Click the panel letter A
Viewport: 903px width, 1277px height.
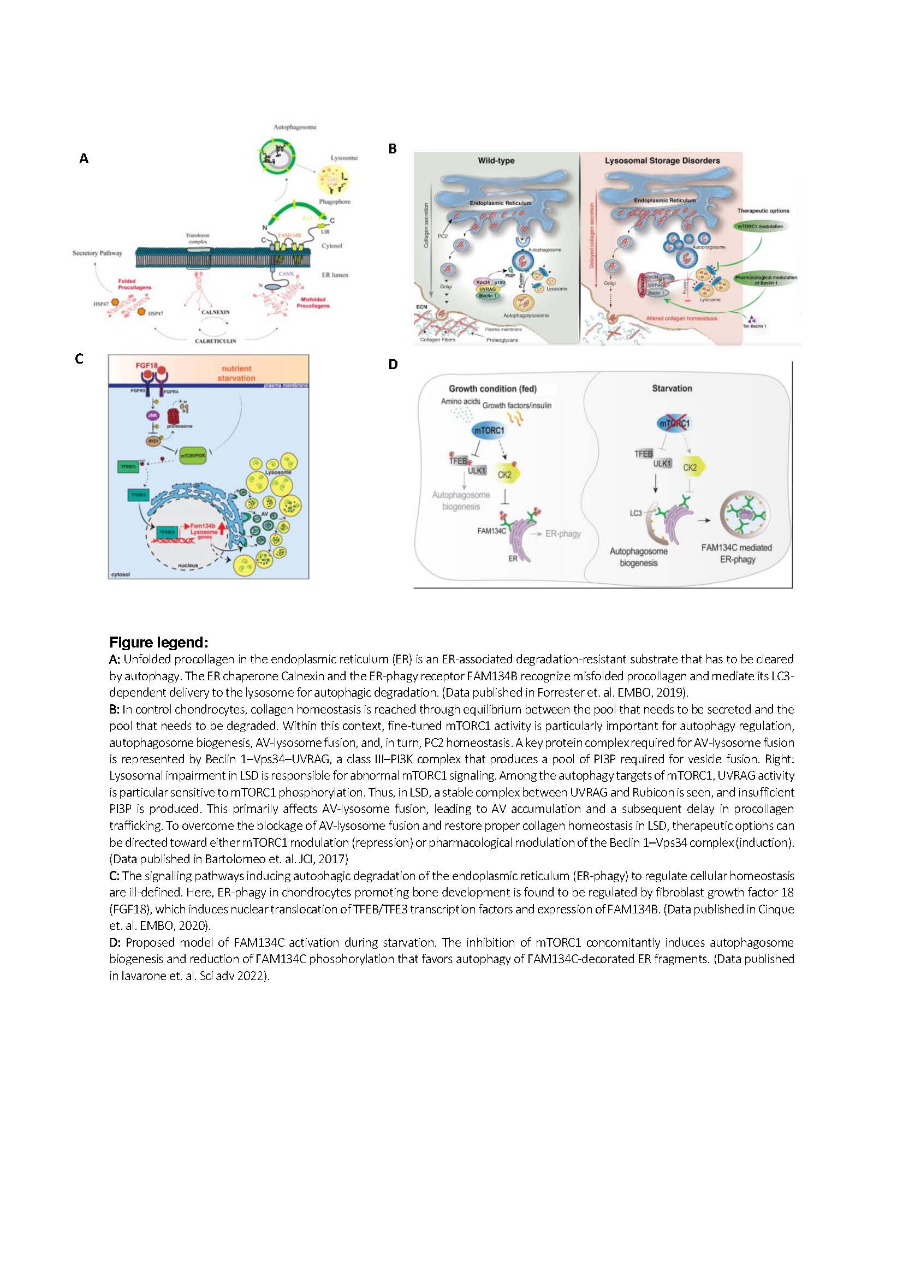[x=84, y=159]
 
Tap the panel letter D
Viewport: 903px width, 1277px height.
[x=393, y=364]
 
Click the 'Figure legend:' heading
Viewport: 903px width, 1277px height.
[x=158, y=643]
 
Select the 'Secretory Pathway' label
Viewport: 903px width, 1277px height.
[x=97, y=253]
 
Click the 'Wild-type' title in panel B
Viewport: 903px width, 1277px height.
[x=496, y=161]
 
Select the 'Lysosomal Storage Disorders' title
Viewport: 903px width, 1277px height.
[x=662, y=161]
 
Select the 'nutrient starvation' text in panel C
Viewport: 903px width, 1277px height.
[x=237, y=373]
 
